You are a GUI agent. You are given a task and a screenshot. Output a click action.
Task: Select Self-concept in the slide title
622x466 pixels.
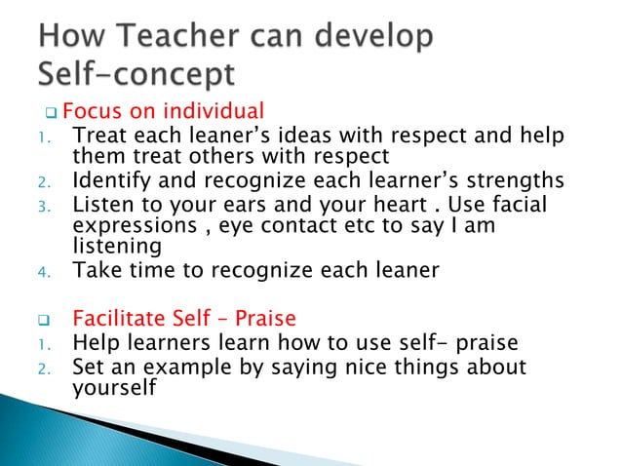pyautogui.click(x=136, y=74)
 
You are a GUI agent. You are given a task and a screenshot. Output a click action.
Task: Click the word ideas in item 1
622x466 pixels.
pyautogui.click(x=296, y=136)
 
